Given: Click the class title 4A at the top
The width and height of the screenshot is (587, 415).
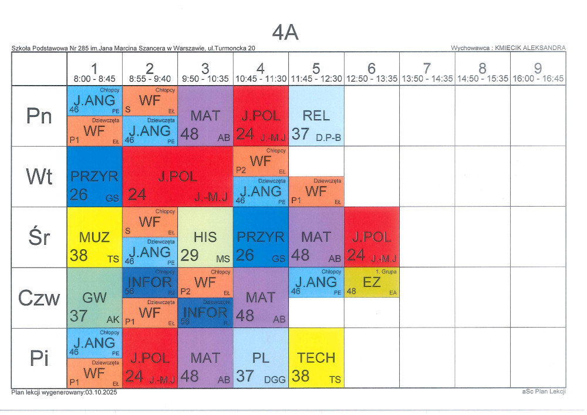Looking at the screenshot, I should pyautogui.click(x=285, y=33).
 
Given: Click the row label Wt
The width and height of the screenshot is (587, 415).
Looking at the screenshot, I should pyautogui.click(x=39, y=177).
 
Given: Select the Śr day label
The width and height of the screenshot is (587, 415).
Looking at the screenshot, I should pyautogui.click(x=39, y=237).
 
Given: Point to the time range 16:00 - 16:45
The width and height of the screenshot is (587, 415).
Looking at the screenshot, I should pyautogui.click(x=538, y=79).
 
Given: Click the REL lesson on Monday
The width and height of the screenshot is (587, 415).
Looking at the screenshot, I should pyautogui.click(x=316, y=116).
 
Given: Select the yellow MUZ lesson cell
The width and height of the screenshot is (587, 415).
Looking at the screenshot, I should pyautogui.click(x=95, y=237).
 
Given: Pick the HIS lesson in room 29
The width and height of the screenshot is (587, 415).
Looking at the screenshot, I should pyautogui.click(x=205, y=237).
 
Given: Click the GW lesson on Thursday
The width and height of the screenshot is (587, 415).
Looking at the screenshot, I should pyautogui.click(x=95, y=298).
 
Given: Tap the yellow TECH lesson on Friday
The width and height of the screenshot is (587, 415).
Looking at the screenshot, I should pyautogui.click(x=316, y=358).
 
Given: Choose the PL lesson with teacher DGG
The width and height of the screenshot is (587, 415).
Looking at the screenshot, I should pyautogui.click(x=261, y=358).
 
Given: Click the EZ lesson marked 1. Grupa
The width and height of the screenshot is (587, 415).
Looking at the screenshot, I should pyautogui.click(x=372, y=282).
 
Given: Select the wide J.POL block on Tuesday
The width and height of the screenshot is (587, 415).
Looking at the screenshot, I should pyautogui.click(x=178, y=177).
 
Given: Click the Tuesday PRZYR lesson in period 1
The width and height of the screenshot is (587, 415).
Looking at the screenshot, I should pyautogui.click(x=95, y=177).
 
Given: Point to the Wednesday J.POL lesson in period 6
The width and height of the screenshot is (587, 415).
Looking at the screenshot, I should pyautogui.click(x=372, y=237).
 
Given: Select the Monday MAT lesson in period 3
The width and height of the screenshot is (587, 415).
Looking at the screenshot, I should pyautogui.click(x=205, y=116).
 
